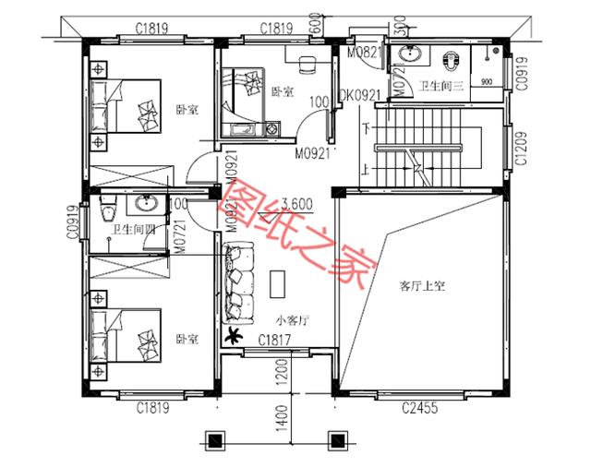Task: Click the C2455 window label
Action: point(420,407)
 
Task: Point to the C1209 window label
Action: point(521,146)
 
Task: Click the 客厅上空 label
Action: point(422,286)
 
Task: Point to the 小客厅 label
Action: point(292,319)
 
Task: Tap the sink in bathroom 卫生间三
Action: point(408,54)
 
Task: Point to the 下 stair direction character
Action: point(367,127)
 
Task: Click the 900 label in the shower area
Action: point(486,79)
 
